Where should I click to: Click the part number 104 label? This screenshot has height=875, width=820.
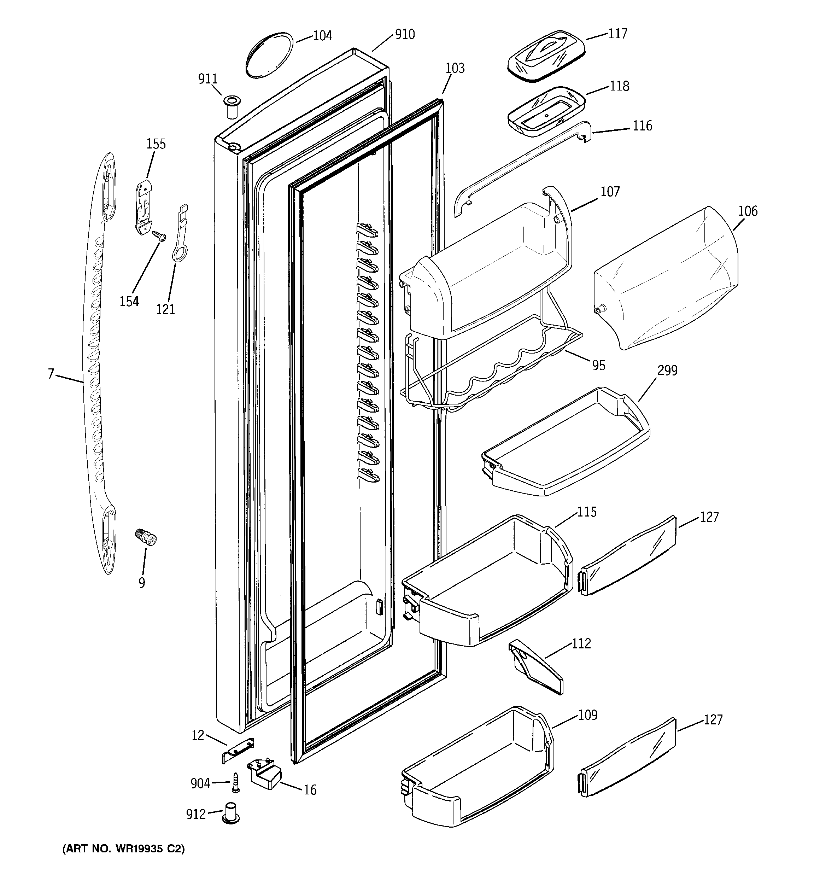click(322, 36)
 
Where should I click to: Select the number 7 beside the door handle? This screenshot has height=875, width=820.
click(51, 374)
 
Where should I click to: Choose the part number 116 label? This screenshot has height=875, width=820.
click(642, 126)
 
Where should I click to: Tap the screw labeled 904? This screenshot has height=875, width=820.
click(236, 784)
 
